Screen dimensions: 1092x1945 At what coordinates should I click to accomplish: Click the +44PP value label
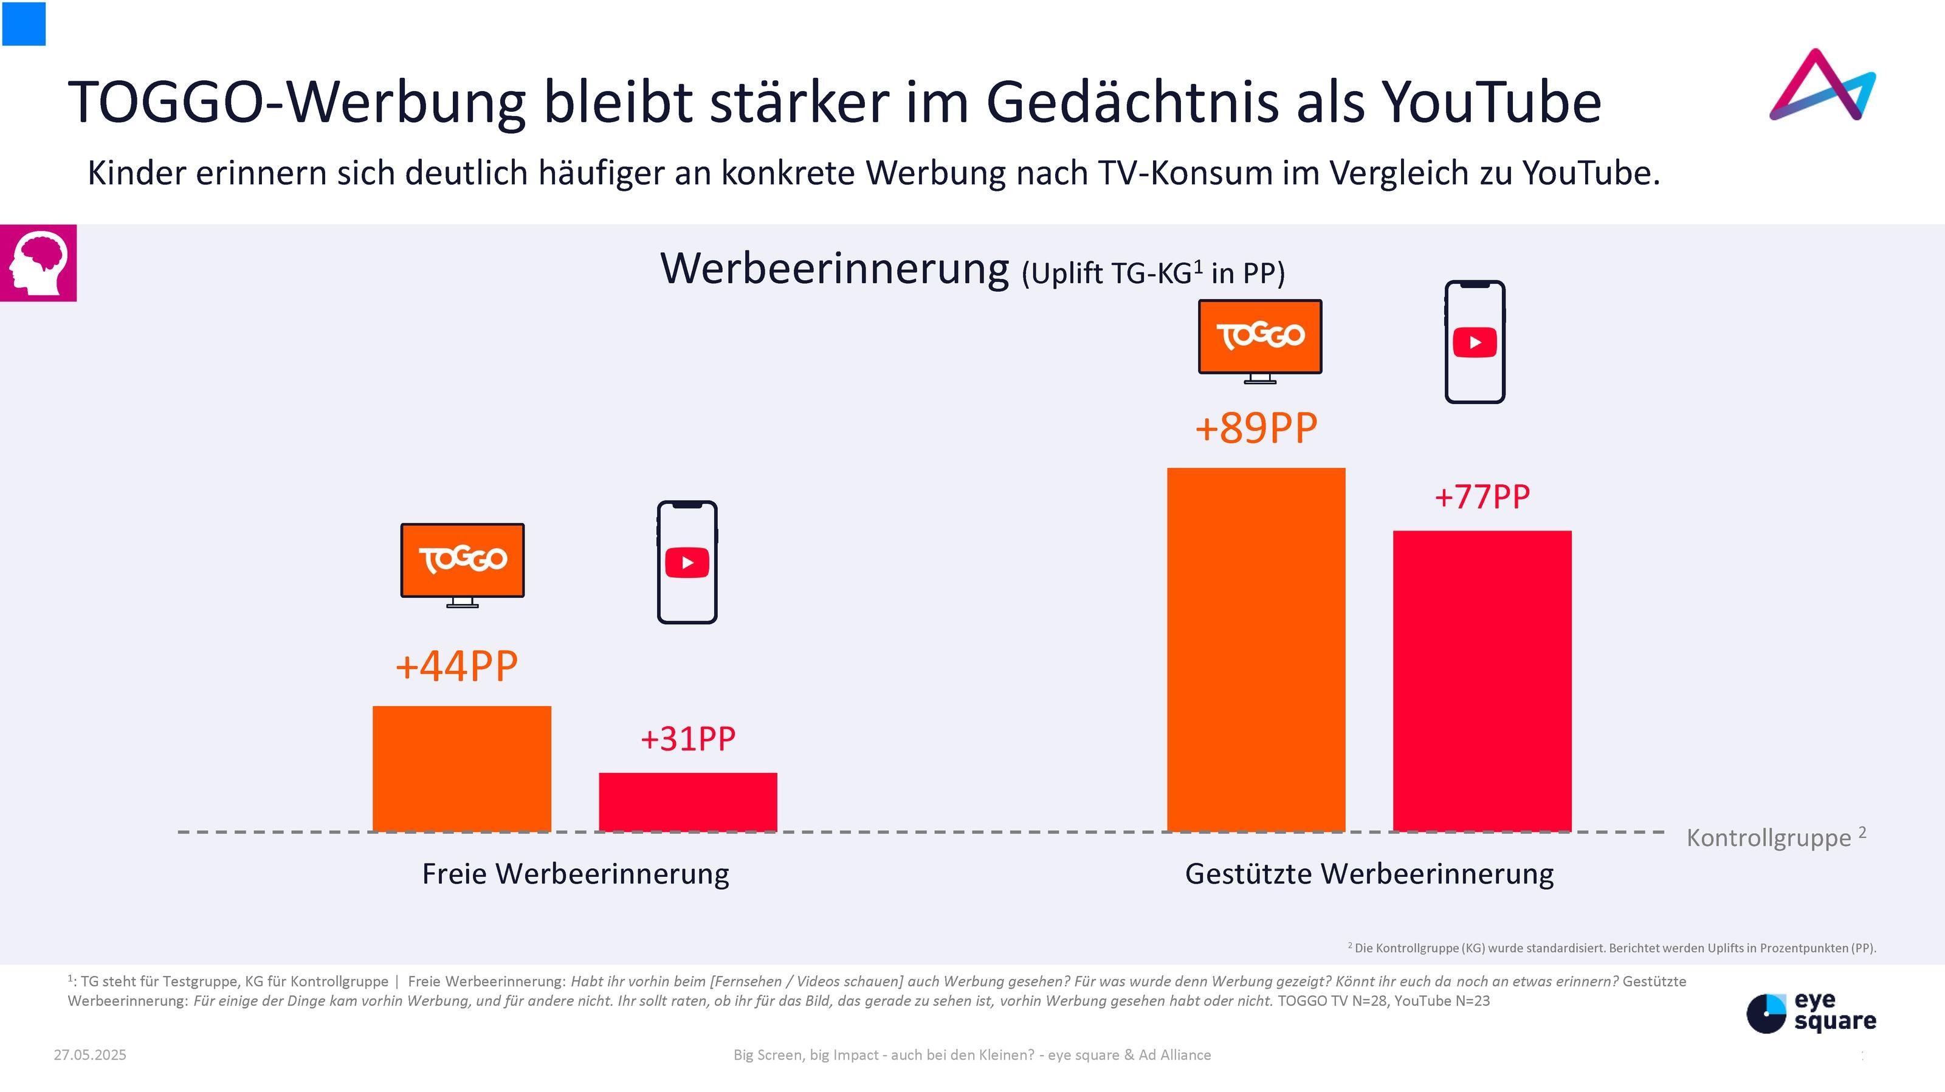[457, 667]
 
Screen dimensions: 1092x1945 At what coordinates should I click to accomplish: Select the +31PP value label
[688, 739]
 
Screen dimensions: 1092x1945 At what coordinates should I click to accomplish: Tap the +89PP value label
[1256, 428]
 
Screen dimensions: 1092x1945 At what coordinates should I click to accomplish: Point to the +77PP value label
[1482, 497]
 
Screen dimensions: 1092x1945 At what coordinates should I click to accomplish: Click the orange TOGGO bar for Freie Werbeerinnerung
[461, 768]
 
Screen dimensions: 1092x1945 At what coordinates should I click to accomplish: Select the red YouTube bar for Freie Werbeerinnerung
[688, 802]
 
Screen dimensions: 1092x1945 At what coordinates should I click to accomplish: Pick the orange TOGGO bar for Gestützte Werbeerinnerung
[1256, 649]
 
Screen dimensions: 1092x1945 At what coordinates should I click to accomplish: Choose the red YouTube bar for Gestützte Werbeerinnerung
[1482, 681]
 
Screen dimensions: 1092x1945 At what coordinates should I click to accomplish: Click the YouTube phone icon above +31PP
[687, 562]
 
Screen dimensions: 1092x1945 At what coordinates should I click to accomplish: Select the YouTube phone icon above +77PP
[1475, 342]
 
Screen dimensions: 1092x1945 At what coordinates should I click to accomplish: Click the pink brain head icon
[38, 263]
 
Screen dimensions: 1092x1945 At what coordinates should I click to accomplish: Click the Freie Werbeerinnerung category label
[576, 874]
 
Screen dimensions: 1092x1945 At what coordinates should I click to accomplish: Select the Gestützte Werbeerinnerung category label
[1369, 874]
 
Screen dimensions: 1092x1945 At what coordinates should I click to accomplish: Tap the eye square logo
[1811, 1012]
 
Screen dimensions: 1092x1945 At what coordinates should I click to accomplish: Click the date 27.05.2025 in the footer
[90, 1055]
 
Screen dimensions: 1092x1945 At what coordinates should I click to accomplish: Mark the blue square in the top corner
[24, 23]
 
